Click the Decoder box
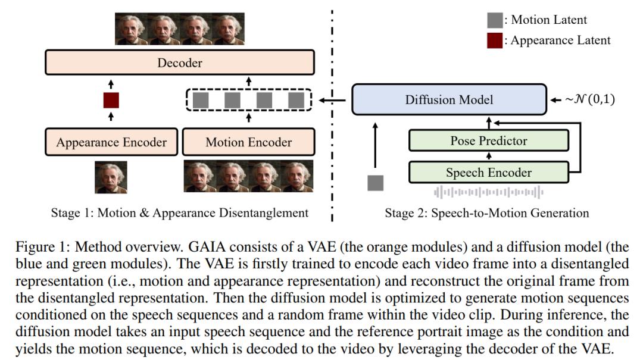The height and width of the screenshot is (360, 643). click(179, 63)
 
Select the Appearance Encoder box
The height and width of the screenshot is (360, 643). click(111, 142)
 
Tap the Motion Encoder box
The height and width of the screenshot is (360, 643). click(249, 142)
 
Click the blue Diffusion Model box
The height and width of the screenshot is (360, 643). click(449, 99)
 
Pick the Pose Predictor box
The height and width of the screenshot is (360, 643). click(488, 141)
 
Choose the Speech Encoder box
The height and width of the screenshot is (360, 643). click(488, 173)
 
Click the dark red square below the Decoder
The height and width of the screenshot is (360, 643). click(111, 100)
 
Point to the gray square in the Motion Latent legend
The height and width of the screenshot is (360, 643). click(495, 20)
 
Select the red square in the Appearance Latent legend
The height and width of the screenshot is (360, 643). click(495, 40)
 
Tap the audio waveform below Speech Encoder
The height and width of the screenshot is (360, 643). click(488, 192)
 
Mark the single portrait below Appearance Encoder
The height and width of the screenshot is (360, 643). click(111, 177)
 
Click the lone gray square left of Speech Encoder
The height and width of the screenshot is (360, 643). click(376, 183)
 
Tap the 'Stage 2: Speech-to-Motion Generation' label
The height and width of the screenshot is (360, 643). click(487, 212)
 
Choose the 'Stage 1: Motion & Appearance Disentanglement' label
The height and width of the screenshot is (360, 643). click(179, 212)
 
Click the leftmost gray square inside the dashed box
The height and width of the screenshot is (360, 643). click(201, 100)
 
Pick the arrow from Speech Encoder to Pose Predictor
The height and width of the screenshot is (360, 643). click(488, 156)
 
